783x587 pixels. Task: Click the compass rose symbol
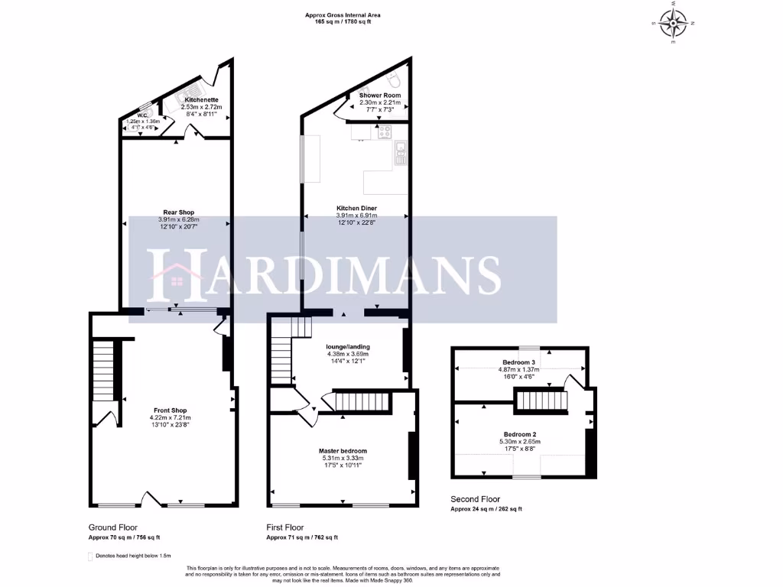(674, 23)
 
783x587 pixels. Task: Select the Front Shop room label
(169, 410)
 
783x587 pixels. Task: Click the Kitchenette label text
(201, 100)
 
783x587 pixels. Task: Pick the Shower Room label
(380, 96)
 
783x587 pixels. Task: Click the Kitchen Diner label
(357, 208)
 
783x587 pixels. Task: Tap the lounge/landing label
(348, 346)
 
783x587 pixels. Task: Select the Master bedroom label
(343, 450)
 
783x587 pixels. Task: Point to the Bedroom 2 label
(521, 433)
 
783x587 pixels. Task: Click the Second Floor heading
(475, 499)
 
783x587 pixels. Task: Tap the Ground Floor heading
(114, 527)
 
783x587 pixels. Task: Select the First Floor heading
(285, 527)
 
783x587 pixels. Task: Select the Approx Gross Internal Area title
(347, 15)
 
